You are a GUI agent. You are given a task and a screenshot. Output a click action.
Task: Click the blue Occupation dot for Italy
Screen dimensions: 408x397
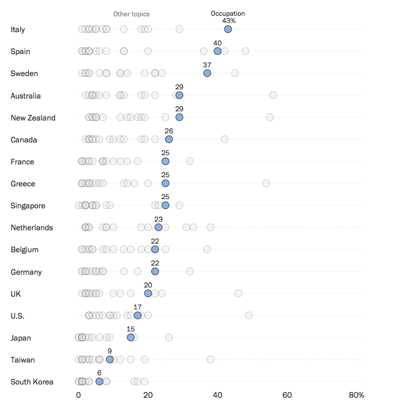228,29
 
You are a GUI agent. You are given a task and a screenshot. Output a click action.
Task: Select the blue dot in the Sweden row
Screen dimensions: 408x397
207,73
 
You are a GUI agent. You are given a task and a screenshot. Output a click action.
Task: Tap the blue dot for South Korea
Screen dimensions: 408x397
100,381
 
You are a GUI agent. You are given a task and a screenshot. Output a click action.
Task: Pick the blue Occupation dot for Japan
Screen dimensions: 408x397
131,338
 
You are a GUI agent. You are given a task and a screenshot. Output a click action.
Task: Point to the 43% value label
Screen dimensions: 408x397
228,21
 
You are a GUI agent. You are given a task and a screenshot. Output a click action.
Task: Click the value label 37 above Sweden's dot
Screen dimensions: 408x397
207,65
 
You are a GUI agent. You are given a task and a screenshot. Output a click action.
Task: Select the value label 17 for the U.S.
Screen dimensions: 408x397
137,307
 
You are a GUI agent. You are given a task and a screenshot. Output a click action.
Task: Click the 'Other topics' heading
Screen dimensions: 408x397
132,14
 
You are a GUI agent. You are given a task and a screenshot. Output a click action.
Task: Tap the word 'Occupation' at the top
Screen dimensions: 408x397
228,14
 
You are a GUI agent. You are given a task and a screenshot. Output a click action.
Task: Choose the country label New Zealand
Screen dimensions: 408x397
33,118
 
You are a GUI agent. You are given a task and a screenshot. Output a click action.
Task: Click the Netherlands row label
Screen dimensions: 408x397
32,228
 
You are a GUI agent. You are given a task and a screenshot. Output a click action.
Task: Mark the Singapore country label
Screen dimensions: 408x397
28,206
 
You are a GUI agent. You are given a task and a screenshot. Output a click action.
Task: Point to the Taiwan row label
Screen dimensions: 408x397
23,360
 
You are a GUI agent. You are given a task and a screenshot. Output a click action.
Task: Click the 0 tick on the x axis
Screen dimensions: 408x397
79,395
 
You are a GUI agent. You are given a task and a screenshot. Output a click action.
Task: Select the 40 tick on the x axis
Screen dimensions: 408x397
217,395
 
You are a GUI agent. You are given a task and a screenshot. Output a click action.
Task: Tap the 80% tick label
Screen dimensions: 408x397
356,395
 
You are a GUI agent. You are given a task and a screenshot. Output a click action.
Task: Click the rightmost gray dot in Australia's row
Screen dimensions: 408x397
273,95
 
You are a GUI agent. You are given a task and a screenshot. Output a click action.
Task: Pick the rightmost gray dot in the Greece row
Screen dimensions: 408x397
266,183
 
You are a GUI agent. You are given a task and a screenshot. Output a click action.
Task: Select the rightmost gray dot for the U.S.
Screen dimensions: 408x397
249,315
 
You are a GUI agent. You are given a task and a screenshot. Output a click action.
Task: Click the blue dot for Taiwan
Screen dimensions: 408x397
110,359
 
